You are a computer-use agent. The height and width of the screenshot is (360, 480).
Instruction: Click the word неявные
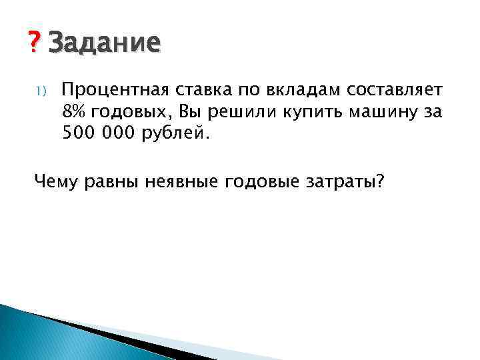coord(179,181)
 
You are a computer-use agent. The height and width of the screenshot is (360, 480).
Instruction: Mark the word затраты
coord(341,182)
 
